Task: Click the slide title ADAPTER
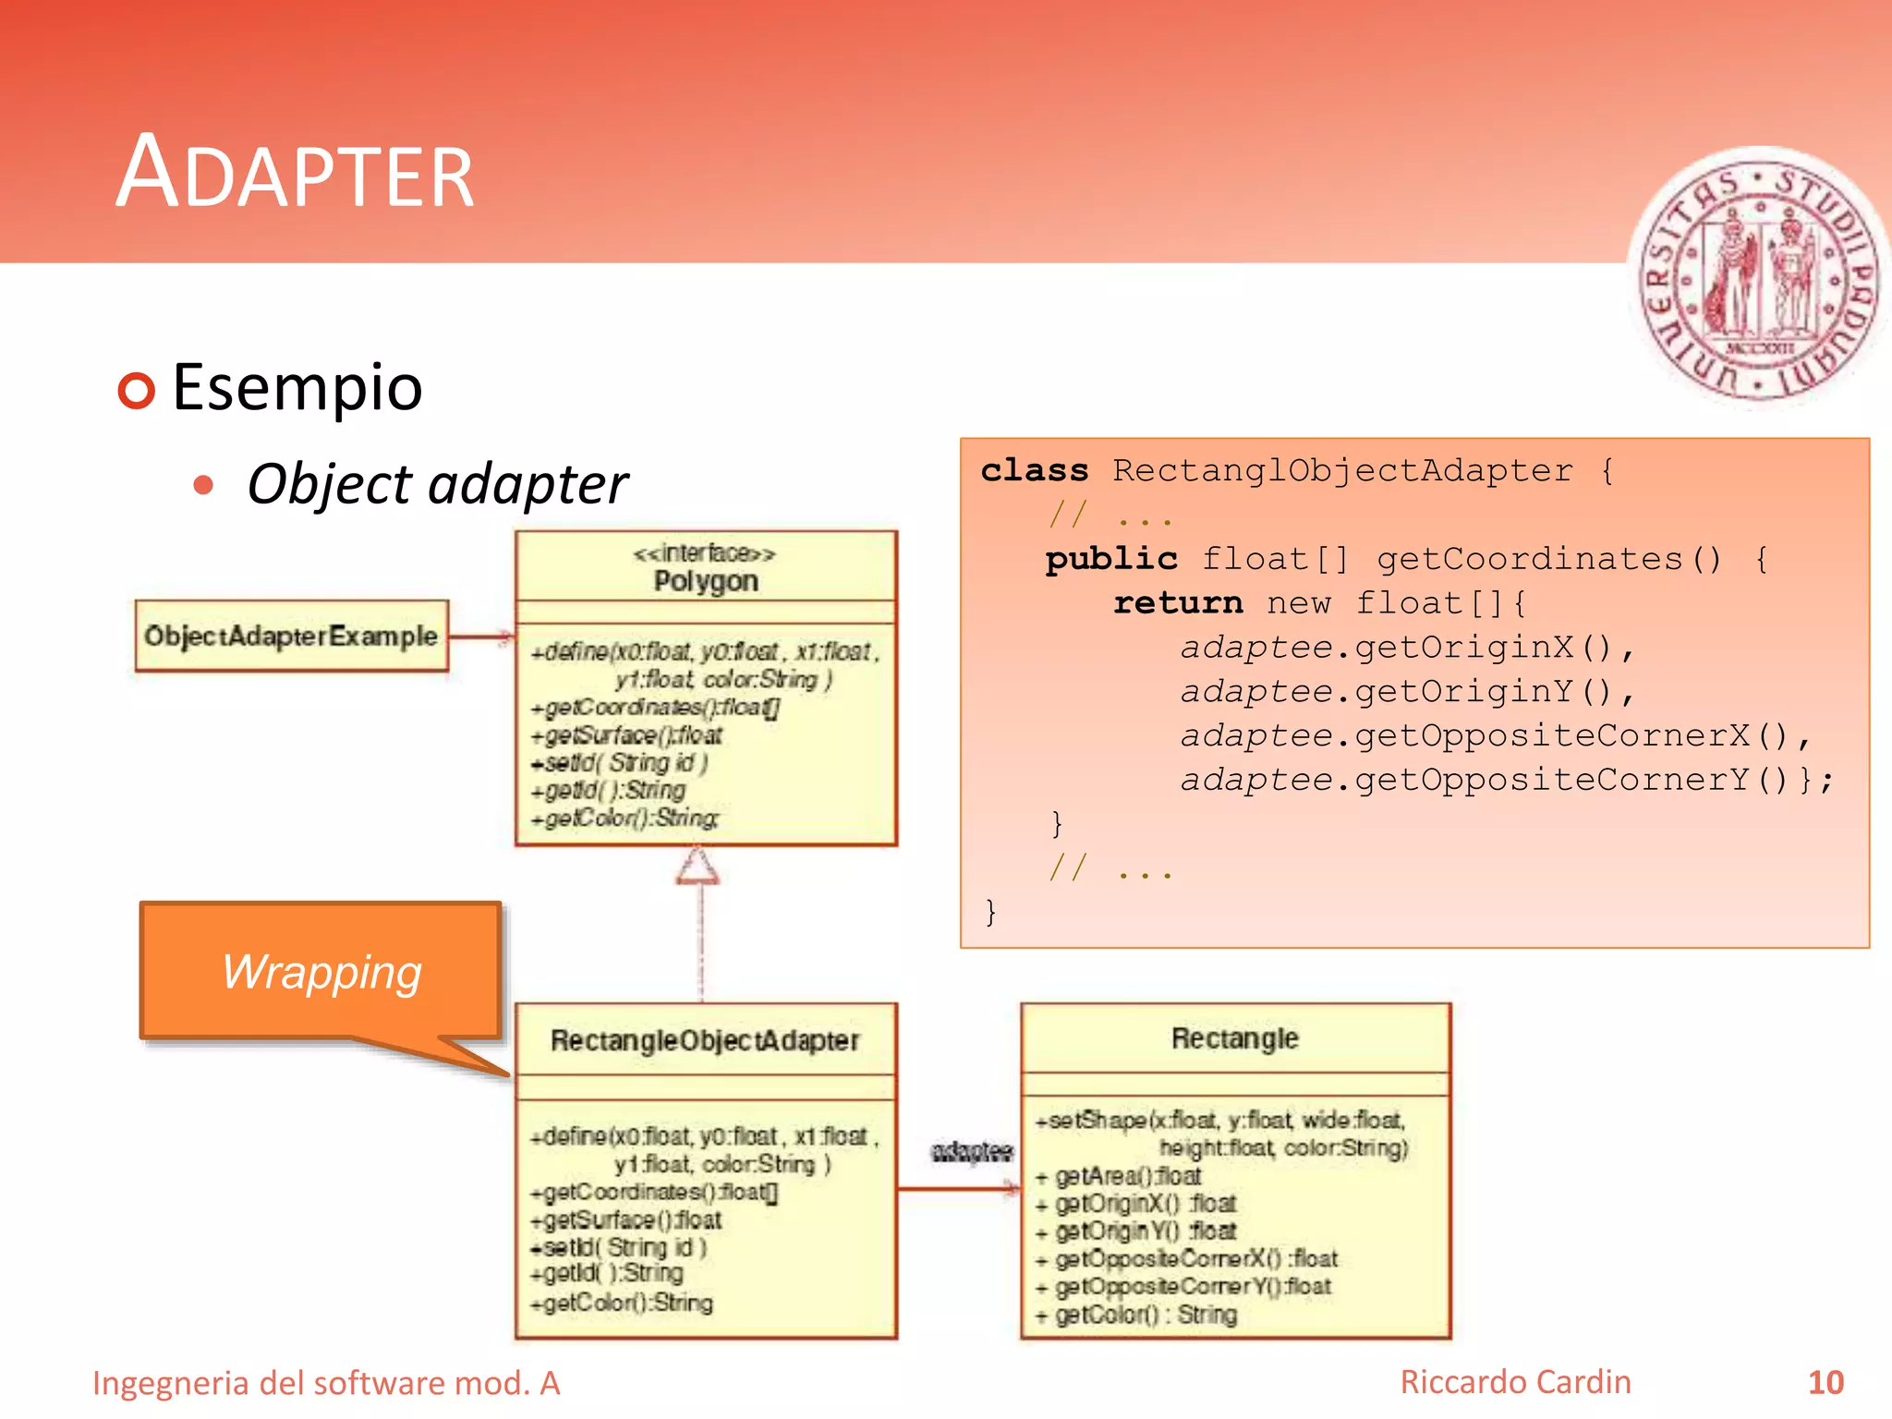[x=295, y=173]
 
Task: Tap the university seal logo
[x=1759, y=277]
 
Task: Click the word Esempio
[x=297, y=387]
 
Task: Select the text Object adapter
[x=437, y=484]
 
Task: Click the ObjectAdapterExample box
[x=291, y=636]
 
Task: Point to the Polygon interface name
[x=706, y=581]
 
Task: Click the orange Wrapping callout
[x=321, y=971]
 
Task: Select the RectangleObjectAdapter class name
[x=705, y=1040]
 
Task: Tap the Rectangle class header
[x=1234, y=1038]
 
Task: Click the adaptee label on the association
[x=972, y=1151]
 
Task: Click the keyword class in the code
[x=1034, y=470]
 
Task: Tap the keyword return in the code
[x=1177, y=603]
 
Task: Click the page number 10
[x=1825, y=1382]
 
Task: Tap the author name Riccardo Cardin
[x=1515, y=1382]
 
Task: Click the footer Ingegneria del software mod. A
[x=326, y=1383]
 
